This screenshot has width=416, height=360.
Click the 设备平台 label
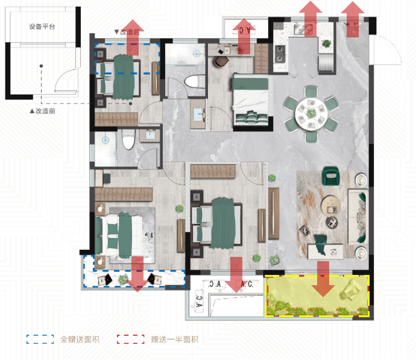tap(42, 27)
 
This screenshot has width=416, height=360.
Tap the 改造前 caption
tap(42, 111)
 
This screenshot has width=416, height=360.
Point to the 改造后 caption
tap(127, 32)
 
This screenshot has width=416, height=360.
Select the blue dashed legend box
tap(40, 339)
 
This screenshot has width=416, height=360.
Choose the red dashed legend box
tap(131, 339)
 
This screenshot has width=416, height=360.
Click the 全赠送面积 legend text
tap(80, 339)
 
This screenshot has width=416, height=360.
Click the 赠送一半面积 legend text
tap(175, 339)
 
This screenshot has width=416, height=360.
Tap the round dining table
tap(311, 114)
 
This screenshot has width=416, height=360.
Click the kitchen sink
tap(304, 29)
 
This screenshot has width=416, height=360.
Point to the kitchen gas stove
tap(280, 54)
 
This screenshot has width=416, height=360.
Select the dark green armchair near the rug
tap(331, 175)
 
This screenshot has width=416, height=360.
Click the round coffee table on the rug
tap(330, 204)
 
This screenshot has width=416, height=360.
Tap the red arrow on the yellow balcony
tap(323, 279)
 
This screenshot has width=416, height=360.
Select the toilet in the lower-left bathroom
tap(128, 139)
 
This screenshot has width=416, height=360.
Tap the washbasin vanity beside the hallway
tap(198, 114)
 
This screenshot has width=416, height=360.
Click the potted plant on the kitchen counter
tap(327, 43)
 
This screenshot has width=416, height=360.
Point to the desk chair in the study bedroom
tap(221, 62)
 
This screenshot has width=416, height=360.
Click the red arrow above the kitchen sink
tap(310, 18)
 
